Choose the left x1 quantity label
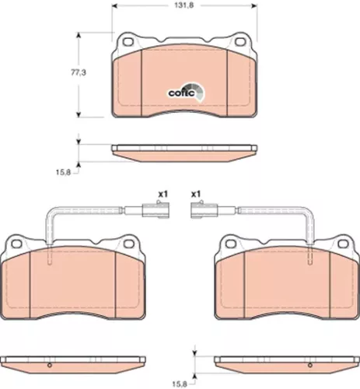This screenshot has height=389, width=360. [x=163, y=194]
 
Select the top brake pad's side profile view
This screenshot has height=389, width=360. [x=183, y=150]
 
